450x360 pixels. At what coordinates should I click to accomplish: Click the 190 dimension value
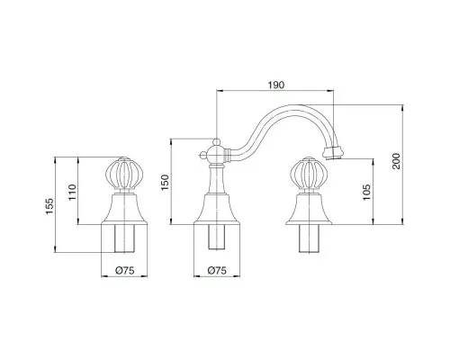(x=276, y=85)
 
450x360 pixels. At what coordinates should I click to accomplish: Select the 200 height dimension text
(x=396, y=161)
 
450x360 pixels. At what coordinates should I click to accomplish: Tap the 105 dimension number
(x=366, y=193)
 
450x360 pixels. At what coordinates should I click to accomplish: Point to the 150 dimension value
(x=166, y=182)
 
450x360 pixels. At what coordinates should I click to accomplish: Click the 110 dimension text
(x=73, y=193)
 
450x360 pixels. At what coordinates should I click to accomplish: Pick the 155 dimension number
(x=49, y=206)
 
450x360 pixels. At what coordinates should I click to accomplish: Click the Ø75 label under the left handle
(x=124, y=271)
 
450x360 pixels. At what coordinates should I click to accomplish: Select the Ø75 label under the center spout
(x=217, y=271)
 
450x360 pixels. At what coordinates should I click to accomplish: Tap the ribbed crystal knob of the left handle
(x=124, y=175)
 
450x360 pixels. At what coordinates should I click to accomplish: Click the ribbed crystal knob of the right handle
(x=309, y=175)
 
